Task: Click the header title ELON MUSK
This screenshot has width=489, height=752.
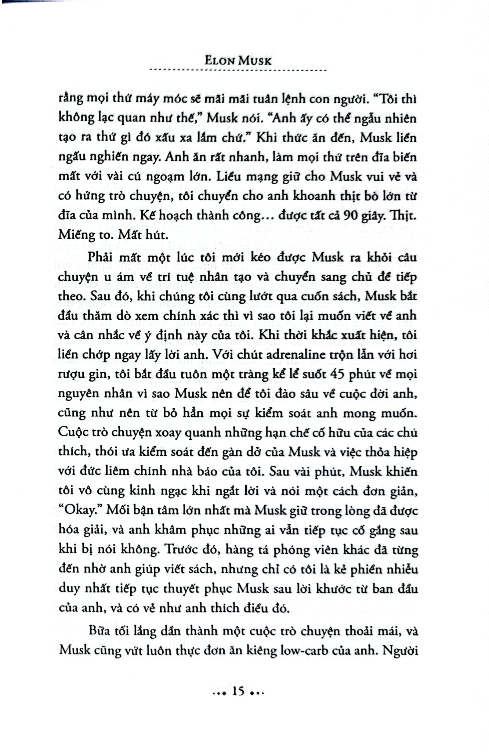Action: click(238, 60)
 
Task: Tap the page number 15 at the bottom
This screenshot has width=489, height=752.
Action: click(238, 692)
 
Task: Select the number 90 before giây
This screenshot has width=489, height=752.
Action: click(351, 216)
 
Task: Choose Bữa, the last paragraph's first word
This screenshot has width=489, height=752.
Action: click(100, 631)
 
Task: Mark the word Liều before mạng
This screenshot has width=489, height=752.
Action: click(231, 176)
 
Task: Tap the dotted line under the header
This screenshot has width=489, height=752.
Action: click(239, 70)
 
